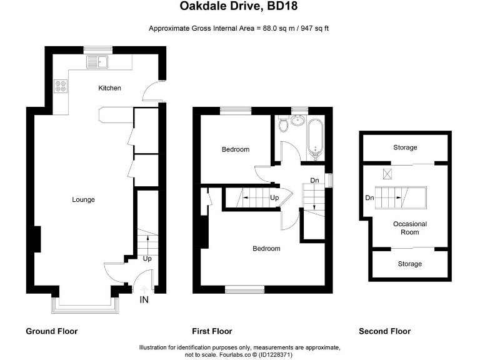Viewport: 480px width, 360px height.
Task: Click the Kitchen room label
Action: (x=109, y=88)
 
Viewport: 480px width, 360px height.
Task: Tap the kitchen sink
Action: (x=99, y=61)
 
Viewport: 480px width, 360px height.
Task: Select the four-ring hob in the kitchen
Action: (x=61, y=87)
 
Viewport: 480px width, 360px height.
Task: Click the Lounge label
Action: (x=83, y=200)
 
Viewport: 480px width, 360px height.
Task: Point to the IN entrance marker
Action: (x=144, y=301)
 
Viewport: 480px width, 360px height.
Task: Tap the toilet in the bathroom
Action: (x=284, y=124)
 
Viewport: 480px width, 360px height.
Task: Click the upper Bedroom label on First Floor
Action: (x=236, y=149)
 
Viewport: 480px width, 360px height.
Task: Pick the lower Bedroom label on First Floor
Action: (x=266, y=249)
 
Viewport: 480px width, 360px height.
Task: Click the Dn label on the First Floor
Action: (x=315, y=181)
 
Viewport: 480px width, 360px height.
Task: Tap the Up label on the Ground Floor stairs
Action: (x=147, y=258)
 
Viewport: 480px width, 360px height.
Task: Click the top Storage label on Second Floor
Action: (x=405, y=147)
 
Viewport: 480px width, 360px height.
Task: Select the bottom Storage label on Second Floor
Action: (x=410, y=264)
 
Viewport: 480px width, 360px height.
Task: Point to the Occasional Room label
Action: (x=410, y=227)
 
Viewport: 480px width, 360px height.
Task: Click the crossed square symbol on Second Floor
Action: (x=387, y=174)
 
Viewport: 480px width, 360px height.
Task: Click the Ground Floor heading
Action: (x=52, y=331)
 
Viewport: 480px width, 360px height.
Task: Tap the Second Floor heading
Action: (x=384, y=331)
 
